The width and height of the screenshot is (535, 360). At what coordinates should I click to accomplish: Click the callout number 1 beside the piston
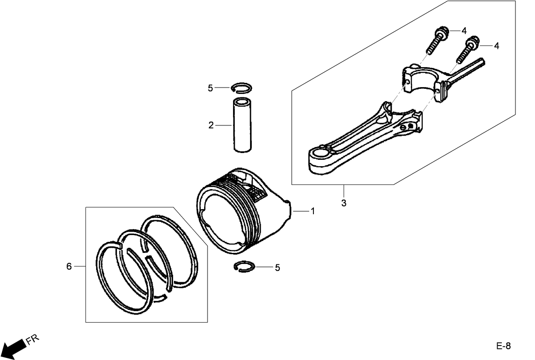313,211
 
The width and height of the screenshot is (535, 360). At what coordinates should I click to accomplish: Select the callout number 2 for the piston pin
211,125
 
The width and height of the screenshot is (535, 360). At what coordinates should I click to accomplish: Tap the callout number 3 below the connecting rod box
344,203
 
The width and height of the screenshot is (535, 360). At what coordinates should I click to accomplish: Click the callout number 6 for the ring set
69,266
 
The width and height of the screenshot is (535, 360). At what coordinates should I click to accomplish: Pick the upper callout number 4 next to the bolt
464,31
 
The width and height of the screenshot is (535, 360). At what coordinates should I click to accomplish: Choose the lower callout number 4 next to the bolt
496,45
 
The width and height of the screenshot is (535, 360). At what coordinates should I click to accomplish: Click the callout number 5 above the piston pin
210,88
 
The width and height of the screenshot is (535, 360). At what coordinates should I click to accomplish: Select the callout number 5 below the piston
277,267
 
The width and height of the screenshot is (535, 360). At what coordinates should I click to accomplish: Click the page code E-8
503,346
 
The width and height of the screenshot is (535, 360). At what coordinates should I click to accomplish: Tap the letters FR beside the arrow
32,340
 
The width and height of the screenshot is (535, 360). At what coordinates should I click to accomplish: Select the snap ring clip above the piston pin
242,88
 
